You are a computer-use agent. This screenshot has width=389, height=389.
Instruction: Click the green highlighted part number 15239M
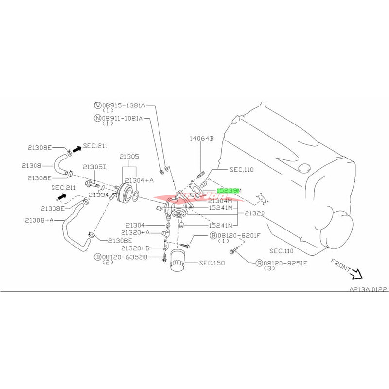(x=228, y=191)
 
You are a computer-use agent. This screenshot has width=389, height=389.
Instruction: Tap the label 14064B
(x=202, y=138)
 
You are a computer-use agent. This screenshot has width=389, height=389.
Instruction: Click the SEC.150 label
(x=212, y=263)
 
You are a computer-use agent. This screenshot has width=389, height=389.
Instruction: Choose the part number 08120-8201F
(x=238, y=235)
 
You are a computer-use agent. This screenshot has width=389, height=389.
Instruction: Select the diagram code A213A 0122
(x=368, y=289)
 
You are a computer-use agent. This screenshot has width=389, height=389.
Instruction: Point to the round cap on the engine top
(x=304, y=169)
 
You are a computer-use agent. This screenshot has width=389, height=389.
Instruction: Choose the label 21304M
(x=222, y=200)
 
